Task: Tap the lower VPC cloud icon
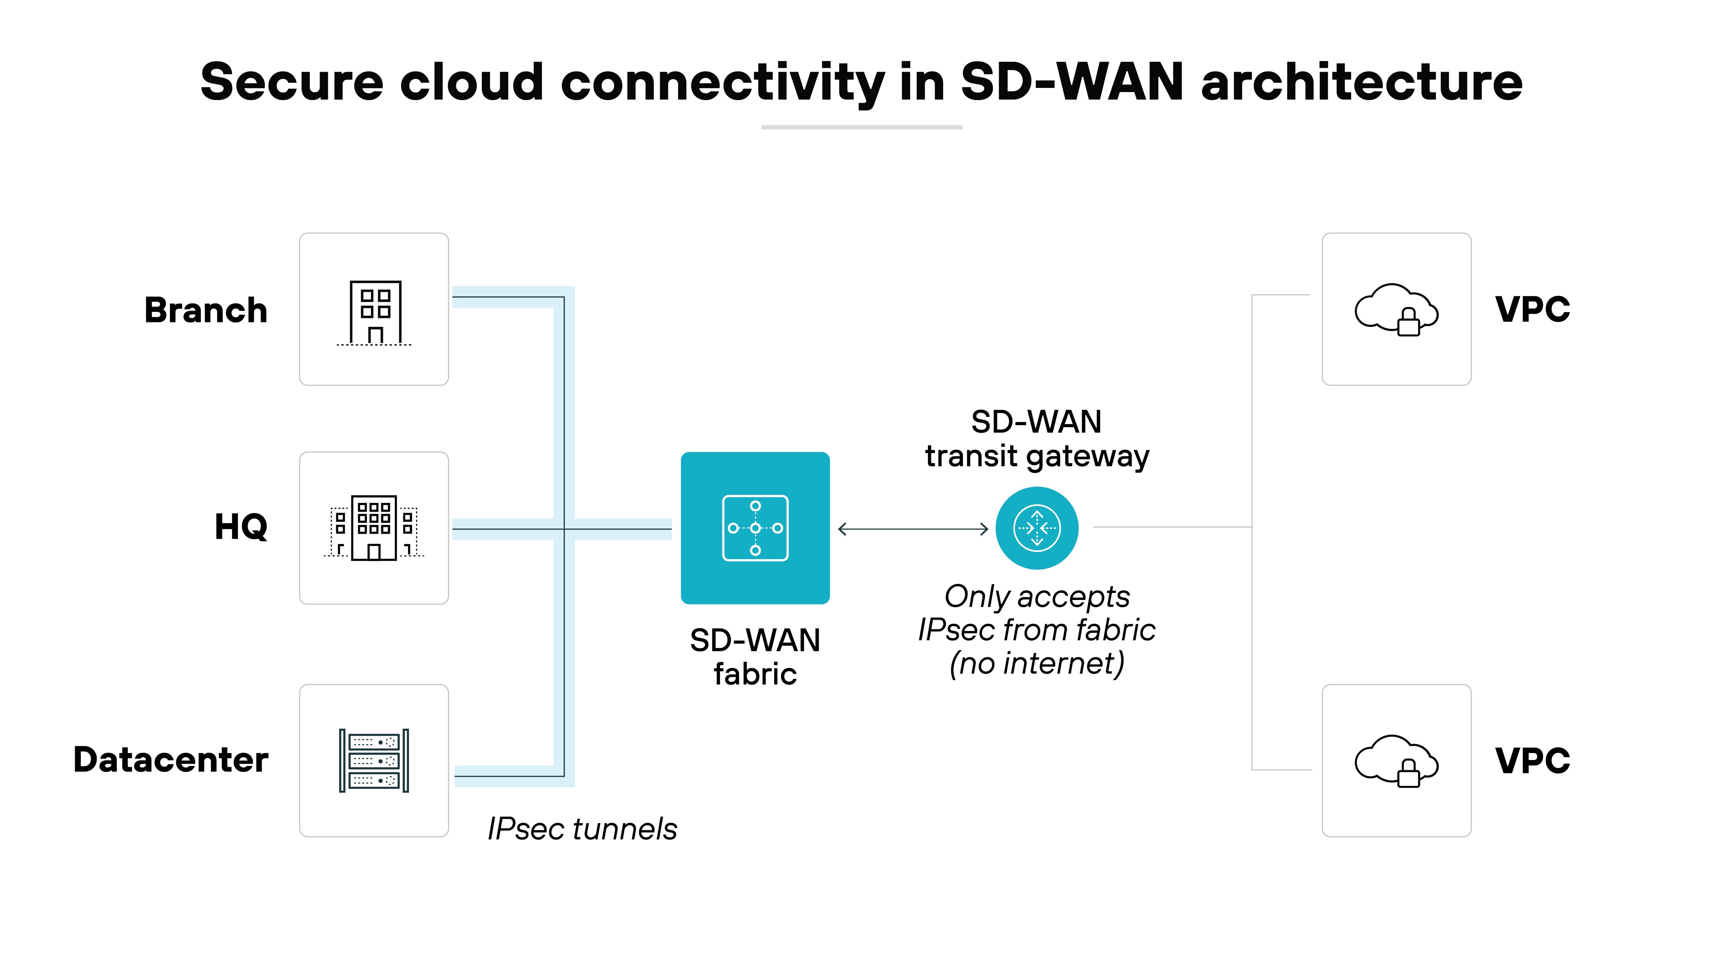pos(1396,760)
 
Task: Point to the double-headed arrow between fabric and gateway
pos(913,529)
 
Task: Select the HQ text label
pos(241,527)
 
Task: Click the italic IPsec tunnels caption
pos(582,829)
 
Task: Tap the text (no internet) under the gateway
pos(1037,663)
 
